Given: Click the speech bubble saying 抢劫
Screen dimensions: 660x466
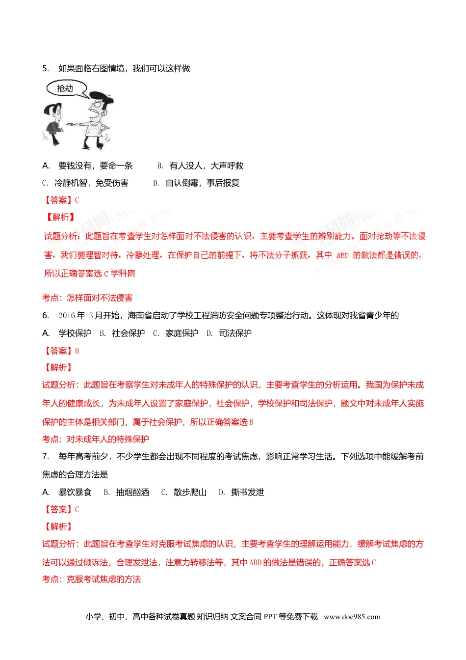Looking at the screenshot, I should click(x=66, y=88).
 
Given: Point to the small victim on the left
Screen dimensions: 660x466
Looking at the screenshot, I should click(x=53, y=123).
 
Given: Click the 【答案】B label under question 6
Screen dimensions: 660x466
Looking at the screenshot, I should click(x=61, y=351).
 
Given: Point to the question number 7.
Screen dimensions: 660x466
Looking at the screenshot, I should click(x=45, y=456).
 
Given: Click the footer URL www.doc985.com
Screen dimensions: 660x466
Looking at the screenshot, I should click(x=352, y=617).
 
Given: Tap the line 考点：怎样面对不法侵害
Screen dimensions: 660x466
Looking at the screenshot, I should click(x=87, y=298).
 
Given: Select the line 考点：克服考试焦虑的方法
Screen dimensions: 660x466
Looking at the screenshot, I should click(x=92, y=579).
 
